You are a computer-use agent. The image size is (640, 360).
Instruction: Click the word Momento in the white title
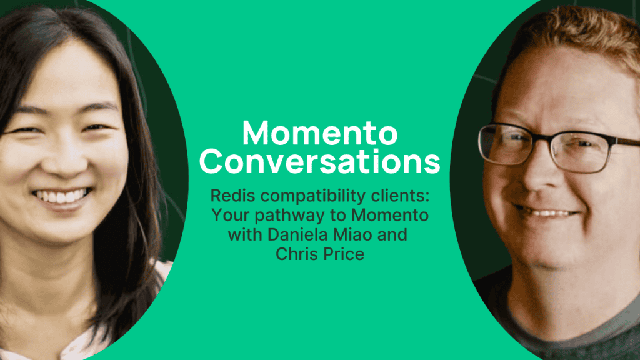(320, 132)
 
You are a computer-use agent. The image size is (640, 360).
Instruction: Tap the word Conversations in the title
(320, 161)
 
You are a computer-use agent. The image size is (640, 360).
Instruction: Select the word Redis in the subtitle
(232, 196)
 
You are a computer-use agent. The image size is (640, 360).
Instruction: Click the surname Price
(342, 254)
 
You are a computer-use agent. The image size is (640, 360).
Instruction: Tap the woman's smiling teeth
(62, 196)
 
